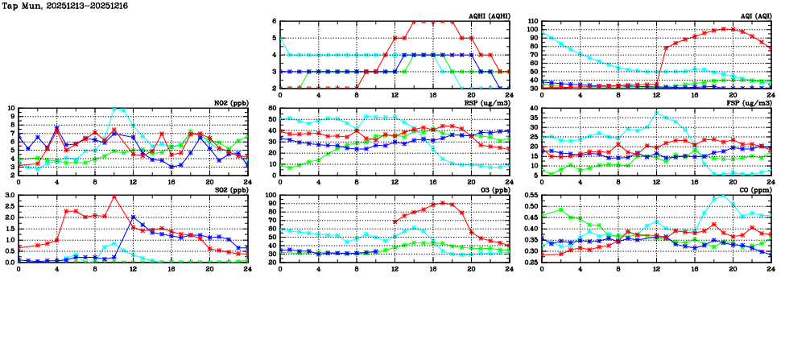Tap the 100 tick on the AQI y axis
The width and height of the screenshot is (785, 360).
click(x=532, y=30)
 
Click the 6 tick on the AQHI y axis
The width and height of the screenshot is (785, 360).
click(x=274, y=22)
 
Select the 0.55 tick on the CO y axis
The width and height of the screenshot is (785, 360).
click(x=528, y=196)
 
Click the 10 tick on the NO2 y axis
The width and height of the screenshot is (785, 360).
click(x=10, y=109)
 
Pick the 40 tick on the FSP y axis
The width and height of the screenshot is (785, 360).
click(x=535, y=109)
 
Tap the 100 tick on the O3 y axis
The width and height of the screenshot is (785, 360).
click(x=271, y=196)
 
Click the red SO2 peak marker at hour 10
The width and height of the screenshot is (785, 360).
click(x=114, y=197)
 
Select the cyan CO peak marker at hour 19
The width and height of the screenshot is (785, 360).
click(x=722, y=196)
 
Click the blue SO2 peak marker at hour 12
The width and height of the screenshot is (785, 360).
click(x=133, y=217)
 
